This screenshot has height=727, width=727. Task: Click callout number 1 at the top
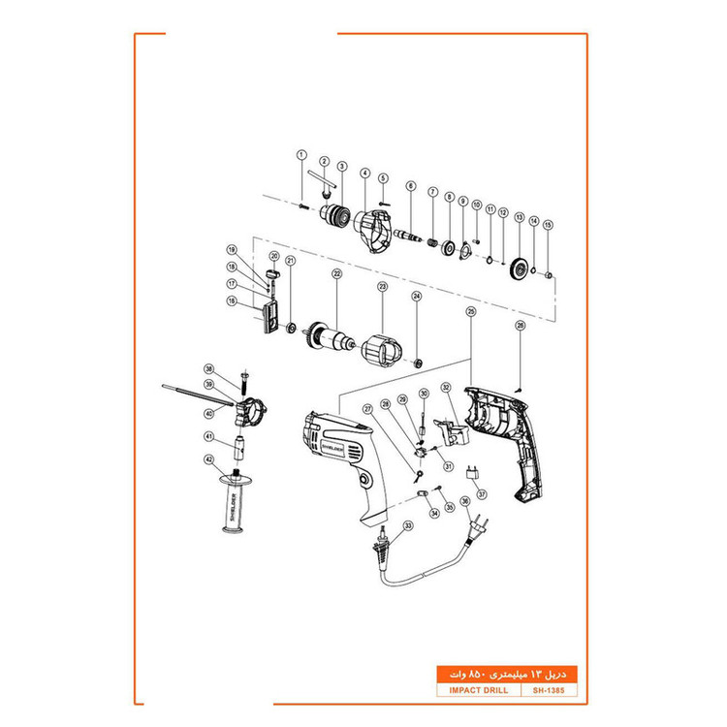(x=301, y=155)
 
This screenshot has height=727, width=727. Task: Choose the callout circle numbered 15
(x=548, y=225)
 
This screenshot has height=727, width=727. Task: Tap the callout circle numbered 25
(x=470, y=312)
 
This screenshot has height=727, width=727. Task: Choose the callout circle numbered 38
(x=207, y=369)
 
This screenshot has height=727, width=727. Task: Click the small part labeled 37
(x=473, y=472)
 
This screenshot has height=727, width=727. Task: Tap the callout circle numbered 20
(x=274, y=256)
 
